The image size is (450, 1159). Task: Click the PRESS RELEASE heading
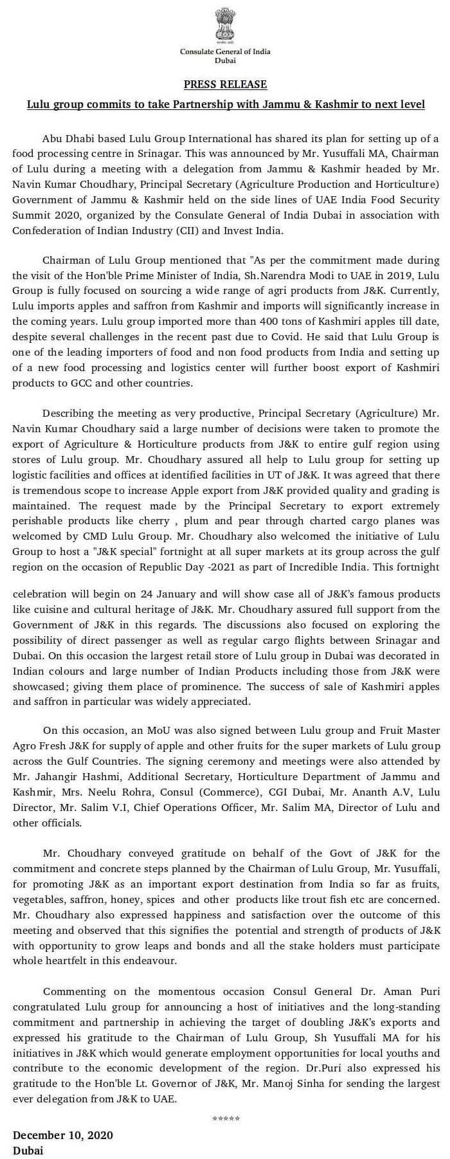click(x=225, y=84)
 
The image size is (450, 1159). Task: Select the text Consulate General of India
click(x=225, y=51)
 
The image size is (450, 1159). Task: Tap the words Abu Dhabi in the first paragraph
click(x=64, y=138)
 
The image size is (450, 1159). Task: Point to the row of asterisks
click(x=226, y=1119)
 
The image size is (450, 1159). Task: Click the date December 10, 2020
click(x=63, y=1135)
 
